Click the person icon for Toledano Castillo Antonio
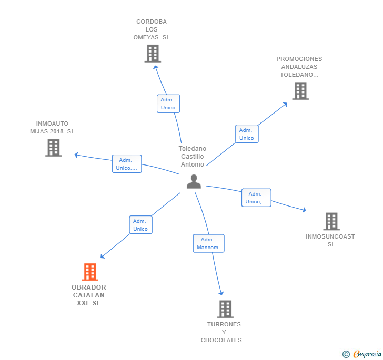pos(194,181)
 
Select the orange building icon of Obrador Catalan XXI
pos(90,272)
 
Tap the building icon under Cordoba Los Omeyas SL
pos(153,54)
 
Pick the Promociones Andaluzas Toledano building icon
pos(300,91)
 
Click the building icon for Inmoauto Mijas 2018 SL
pos(53,148)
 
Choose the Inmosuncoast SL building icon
pos(331,221)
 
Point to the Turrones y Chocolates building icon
pos(225,309)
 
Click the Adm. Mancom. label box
pos(208,243)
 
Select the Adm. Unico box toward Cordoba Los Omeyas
pos(168,104)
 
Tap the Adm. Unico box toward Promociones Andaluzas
pos(246,134)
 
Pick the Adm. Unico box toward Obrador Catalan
pos(140,225)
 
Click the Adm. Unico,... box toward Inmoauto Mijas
pos(127,164)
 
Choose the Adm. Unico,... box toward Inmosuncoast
pos(256,198)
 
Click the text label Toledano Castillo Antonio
pos(193,157)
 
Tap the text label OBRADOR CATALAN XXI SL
pos(89,295)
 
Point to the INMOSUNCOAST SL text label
pos(330,240)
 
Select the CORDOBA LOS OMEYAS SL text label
pos(152,29)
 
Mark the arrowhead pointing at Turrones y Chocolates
pos(221,293)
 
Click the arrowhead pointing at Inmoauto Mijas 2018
pos(76,155)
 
